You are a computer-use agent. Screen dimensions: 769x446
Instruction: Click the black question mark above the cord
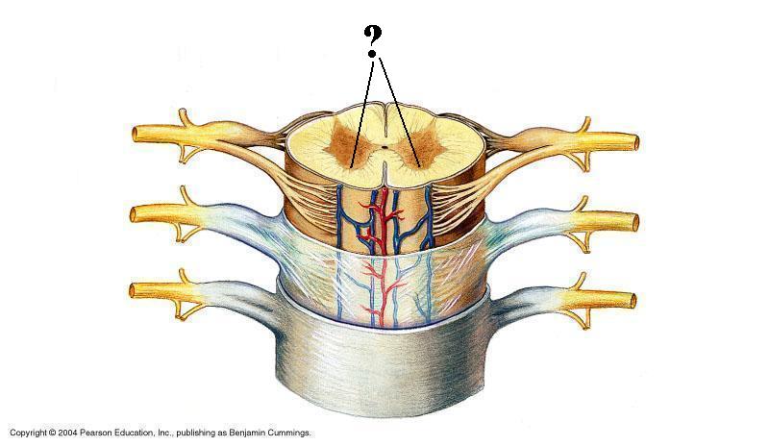click(374, 39)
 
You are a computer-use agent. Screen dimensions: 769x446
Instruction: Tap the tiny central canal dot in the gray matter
click(384, 148)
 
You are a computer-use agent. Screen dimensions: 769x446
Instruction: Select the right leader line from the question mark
click(400, 111)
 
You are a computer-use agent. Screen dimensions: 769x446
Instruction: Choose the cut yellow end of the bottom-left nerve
click(136, 288)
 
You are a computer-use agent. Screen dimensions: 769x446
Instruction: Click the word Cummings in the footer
click(291, 434)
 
